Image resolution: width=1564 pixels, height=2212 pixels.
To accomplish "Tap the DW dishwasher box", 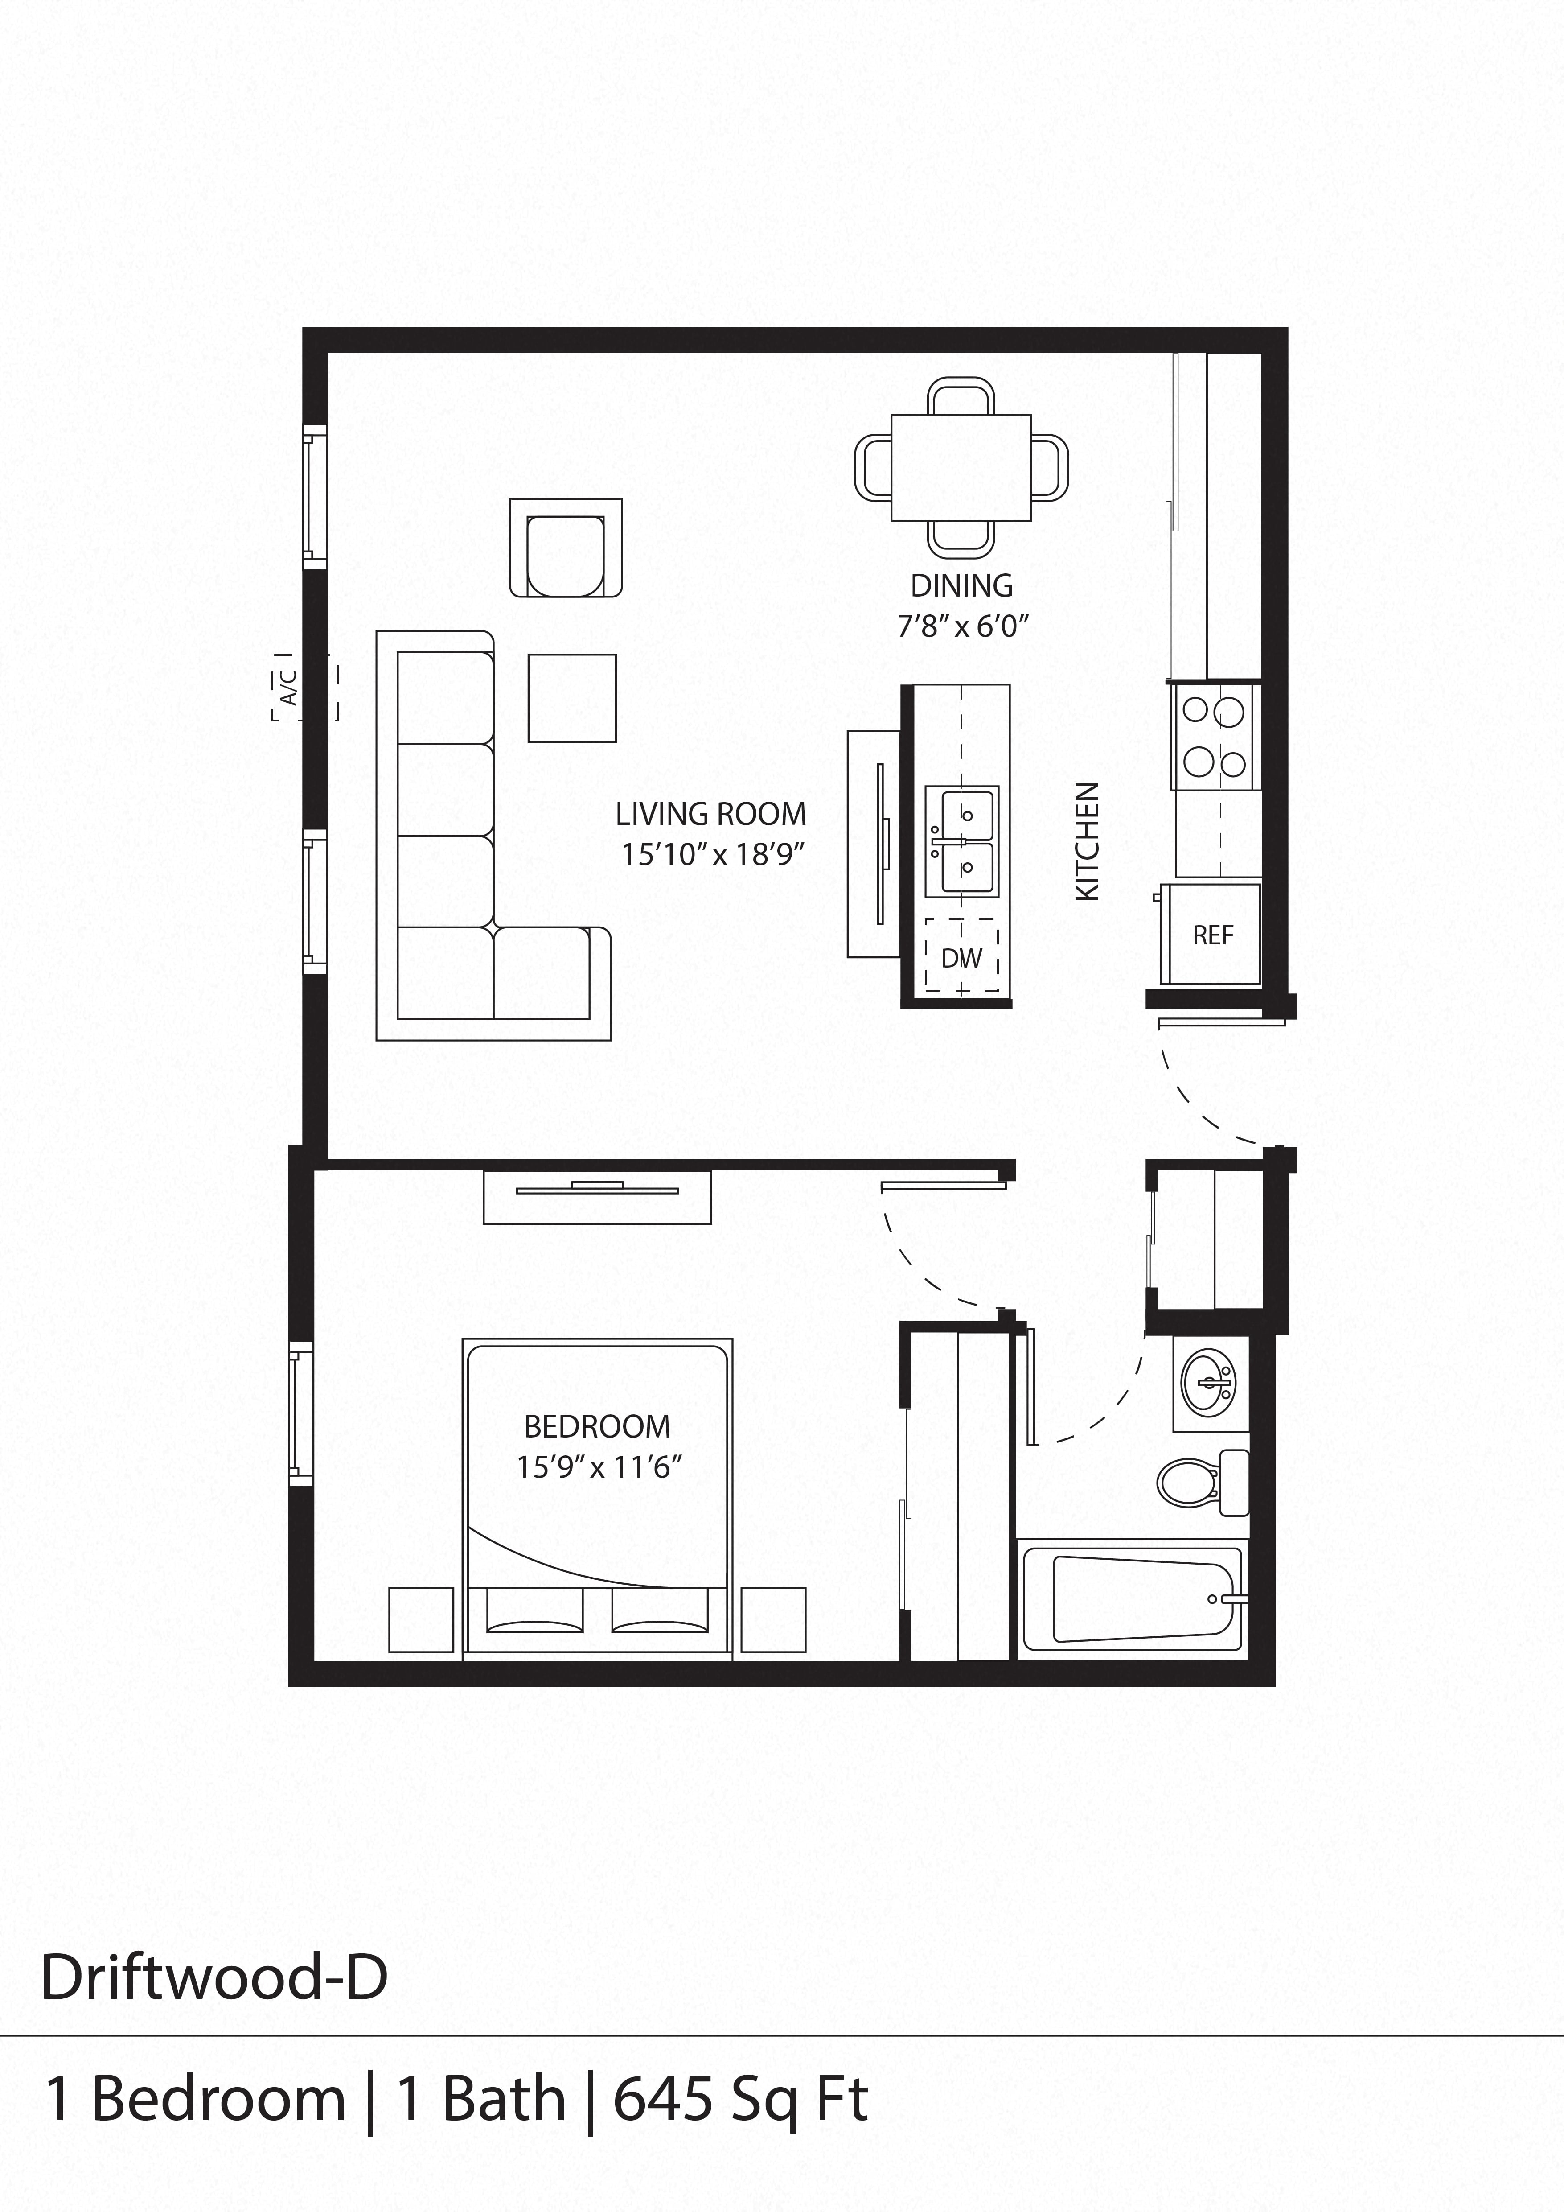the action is (961, 956).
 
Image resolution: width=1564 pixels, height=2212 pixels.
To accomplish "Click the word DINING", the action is (961, 585).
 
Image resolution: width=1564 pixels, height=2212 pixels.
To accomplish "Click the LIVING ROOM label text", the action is (711, 814).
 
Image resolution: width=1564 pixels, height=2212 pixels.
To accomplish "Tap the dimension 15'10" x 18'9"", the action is (712, 855).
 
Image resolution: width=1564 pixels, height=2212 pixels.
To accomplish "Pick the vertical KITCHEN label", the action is (1086, 841).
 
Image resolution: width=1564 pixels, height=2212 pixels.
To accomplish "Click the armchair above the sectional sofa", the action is (566, 548).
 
